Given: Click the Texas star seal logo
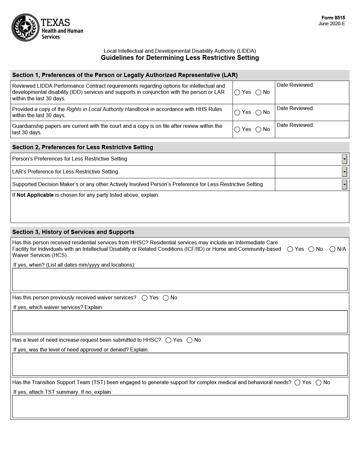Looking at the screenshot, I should (25, 28).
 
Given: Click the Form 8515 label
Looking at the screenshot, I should (333, 18).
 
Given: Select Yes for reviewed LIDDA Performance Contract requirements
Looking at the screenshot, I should (237, 93).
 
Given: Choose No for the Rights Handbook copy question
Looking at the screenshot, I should (258, 113).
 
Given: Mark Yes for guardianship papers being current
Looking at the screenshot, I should (237, 130).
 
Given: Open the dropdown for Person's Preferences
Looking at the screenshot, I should (344, 159).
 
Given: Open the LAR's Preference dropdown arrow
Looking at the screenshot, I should (344, 172).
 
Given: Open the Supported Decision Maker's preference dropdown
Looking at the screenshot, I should (344, 184).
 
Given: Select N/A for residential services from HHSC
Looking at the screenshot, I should (332, 249).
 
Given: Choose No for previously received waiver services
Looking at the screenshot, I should (166, 298).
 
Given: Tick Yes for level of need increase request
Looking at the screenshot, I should (168, 340).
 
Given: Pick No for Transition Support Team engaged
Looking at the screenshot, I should (319, 383).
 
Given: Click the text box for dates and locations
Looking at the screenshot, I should (180, 280).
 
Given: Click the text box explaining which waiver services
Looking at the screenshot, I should (180, 322).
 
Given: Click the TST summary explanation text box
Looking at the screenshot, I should (180, 407).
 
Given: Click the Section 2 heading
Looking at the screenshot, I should (82, 147).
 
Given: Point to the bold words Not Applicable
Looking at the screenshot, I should (35, 195).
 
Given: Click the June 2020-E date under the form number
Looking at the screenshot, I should (332, 24).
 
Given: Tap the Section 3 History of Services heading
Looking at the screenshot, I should (73, 232).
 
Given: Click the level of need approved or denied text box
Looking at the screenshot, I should (180, 364).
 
